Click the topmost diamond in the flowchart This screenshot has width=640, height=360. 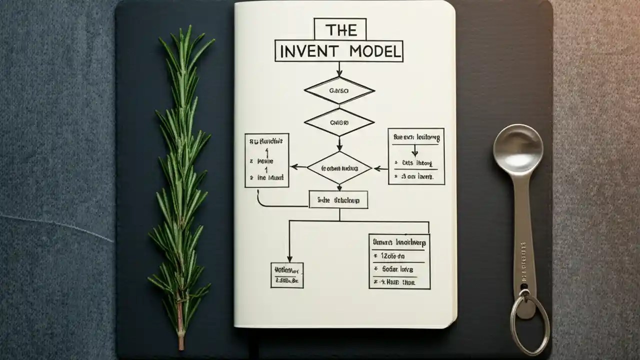(339, 90)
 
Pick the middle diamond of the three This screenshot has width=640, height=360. (339, 122)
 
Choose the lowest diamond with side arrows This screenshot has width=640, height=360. (339, 168)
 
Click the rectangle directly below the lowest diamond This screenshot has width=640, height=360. (338, 199)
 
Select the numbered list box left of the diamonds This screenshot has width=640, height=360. (266, 160)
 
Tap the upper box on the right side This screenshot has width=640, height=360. (416, 156)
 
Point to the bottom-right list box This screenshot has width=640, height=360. (399, 261)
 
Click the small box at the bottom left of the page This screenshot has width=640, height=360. (287, 275)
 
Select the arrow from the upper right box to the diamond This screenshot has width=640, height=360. (381, 168)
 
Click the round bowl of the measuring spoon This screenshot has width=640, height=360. (517, 149)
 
